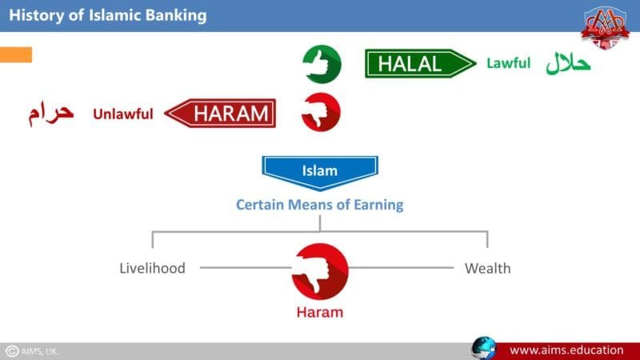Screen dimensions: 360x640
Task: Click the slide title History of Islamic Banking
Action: (x=107, y=15)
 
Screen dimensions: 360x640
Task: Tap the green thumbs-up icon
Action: (x=322, y=64)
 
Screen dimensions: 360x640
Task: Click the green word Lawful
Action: (x=508, y=63)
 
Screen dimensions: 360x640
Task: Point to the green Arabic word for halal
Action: (x=569, y=63)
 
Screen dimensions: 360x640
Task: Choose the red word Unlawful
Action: (x=122, y=114)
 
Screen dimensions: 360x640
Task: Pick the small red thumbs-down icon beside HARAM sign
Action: (x=321, y=112)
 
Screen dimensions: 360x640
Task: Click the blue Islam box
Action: (x=320, y=171)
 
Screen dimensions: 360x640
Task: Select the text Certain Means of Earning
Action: (x=319, y=205)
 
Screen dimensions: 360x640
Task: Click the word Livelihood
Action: (x=152, y=268)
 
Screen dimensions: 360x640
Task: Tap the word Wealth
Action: (x=487, y=268)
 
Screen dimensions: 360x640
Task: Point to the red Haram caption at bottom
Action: (x=320, y=312)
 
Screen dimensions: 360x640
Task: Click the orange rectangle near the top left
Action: (x=16, y=54)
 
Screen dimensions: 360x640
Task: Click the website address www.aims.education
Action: (x=566, y=350)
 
